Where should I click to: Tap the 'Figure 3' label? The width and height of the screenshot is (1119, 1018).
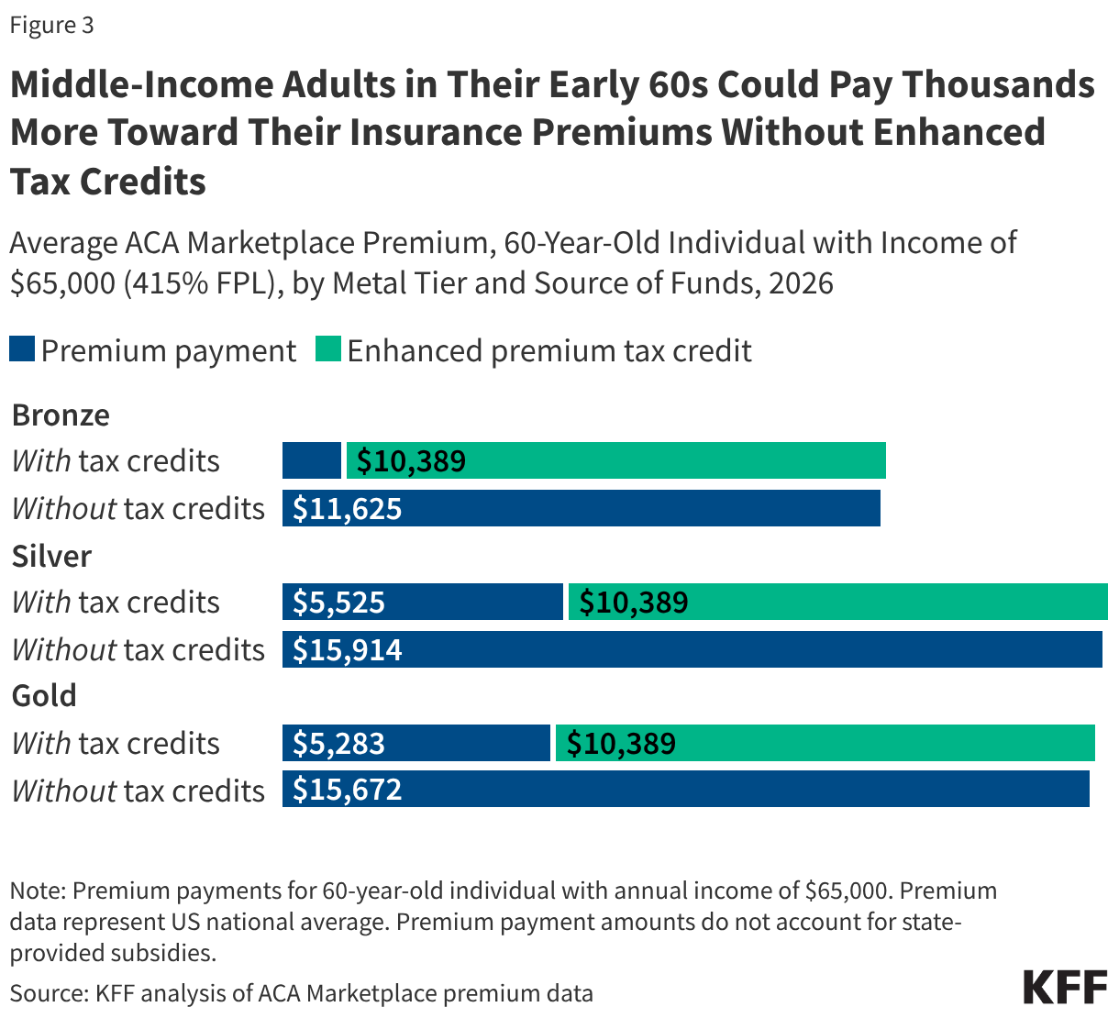(51, 25)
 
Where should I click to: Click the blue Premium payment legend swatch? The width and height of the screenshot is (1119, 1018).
(22, 350)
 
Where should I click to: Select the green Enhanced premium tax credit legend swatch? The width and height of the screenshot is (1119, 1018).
(327, 350)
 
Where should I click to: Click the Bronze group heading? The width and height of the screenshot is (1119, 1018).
(61, 415)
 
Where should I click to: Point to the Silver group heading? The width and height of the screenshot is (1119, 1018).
(51, 557)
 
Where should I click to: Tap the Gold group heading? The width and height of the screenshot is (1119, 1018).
(44, 696)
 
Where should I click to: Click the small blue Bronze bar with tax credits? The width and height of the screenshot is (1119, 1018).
(312, 460)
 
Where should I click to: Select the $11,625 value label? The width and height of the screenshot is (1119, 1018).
(348, 509)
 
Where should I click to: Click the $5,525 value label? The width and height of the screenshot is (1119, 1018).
(339, 603)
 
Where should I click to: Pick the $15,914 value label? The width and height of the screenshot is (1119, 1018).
(348, 650)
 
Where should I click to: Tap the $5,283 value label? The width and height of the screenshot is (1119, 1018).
(339, 744)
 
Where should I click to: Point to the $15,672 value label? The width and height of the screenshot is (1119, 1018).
(348, 791)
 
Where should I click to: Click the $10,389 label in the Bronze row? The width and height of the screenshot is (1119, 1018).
(412, 460)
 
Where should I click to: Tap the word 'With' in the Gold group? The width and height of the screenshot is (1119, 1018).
(41, 744)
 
